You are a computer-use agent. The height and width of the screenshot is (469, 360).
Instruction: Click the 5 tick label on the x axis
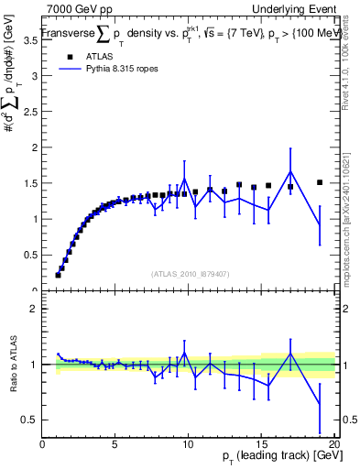(x=115, y=445)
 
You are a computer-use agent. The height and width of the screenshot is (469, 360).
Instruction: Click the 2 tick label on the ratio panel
(x=35, y=309)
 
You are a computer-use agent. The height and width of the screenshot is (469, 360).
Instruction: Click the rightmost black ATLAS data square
(x=320, y=182)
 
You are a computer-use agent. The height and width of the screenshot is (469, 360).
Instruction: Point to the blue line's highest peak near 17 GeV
(x=290, y=171)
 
